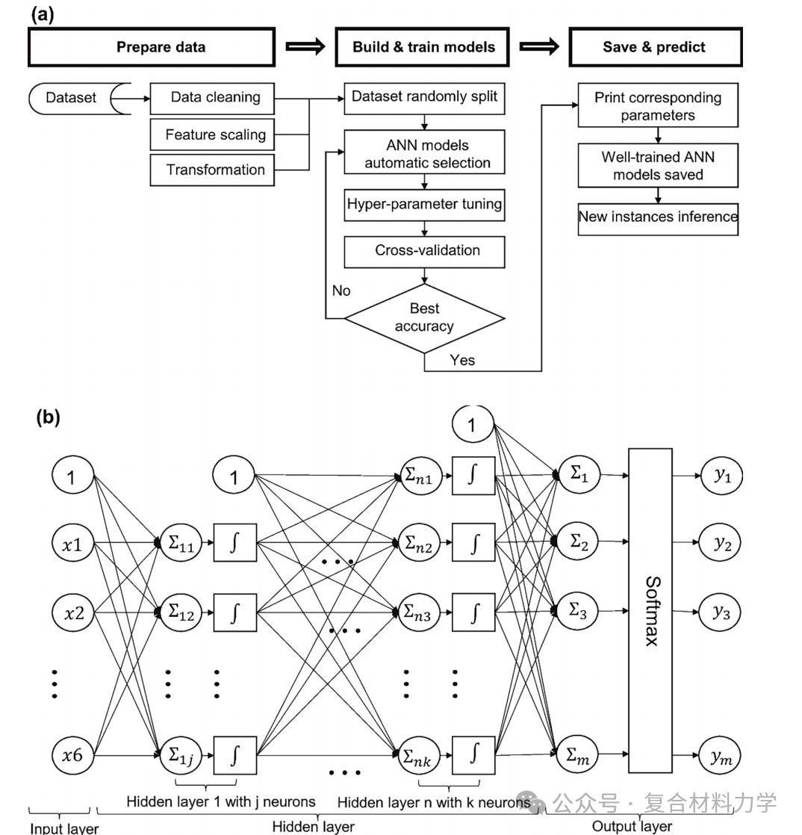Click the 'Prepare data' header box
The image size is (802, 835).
[152, 47]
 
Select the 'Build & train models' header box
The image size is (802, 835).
[423, 47]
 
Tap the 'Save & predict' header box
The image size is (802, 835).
[654, 47]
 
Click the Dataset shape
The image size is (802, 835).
[72, 98]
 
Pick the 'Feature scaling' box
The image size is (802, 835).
[215, 134]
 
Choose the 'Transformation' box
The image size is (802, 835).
[215, 170]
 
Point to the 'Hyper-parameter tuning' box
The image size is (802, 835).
[424, 205]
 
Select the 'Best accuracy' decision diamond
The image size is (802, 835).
[424, 318]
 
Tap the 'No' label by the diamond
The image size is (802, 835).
[341, 291]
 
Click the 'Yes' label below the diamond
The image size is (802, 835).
[462, 360]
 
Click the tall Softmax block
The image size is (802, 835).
[650, 610]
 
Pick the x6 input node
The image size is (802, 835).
[72, 755]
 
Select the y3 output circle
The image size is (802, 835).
[721, 612]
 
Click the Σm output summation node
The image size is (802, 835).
[579, 755]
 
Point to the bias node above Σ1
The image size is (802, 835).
[472, 425]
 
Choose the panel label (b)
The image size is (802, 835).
[48, 417]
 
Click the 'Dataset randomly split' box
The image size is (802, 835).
[424, 98]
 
